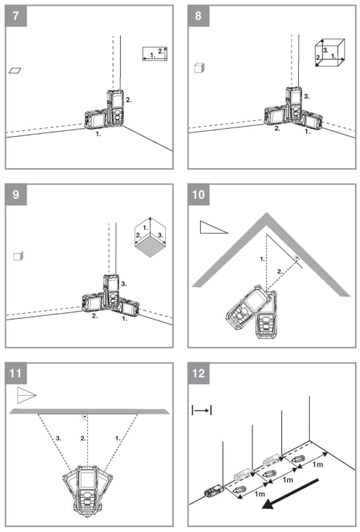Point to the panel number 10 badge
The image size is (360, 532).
pyautogui.click(x=199, y=194)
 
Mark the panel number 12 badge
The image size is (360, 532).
pyautogui.click(x=199, y=374)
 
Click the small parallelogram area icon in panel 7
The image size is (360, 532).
pyautogui.click(x=15, y=71)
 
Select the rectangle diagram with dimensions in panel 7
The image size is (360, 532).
pyautogui.click(x=156, y=53)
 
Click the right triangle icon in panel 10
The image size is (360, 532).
pyautogui.click(x=212, y=228)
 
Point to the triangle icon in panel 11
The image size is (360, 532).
pyautogui.click(x=25, y=396)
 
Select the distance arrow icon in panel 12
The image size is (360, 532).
pyautogui.click(x=201, y=410)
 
